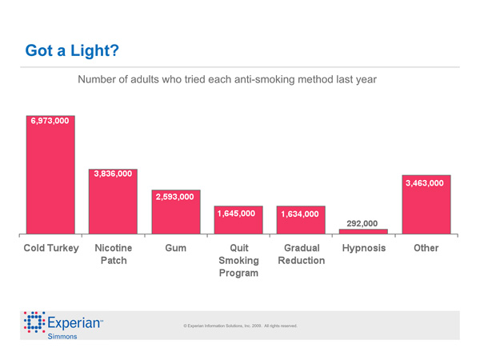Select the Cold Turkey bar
pyautogui.click(x=50, y=184)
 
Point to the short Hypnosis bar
pyautogui.click(x=363, y=232)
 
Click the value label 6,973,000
pyautogui.click(x=50, y=121)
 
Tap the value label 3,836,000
pyautogui.click(x=113, y=174)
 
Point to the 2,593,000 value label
pyautogui.click(x=175, y=197)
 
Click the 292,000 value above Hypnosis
pyautogui.click(x=362, y=223)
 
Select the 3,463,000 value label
pyautogui.click(x=425, y=183)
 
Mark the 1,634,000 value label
pyautogui.click(x=300, y=214)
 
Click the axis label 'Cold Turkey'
pyautogui.click(x=51, y=248)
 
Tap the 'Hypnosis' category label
pyautogui.click(x=363, y=248)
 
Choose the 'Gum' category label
pyautogui.click(x=175, y=248)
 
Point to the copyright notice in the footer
pyautogui.click(x=240, y=326)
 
